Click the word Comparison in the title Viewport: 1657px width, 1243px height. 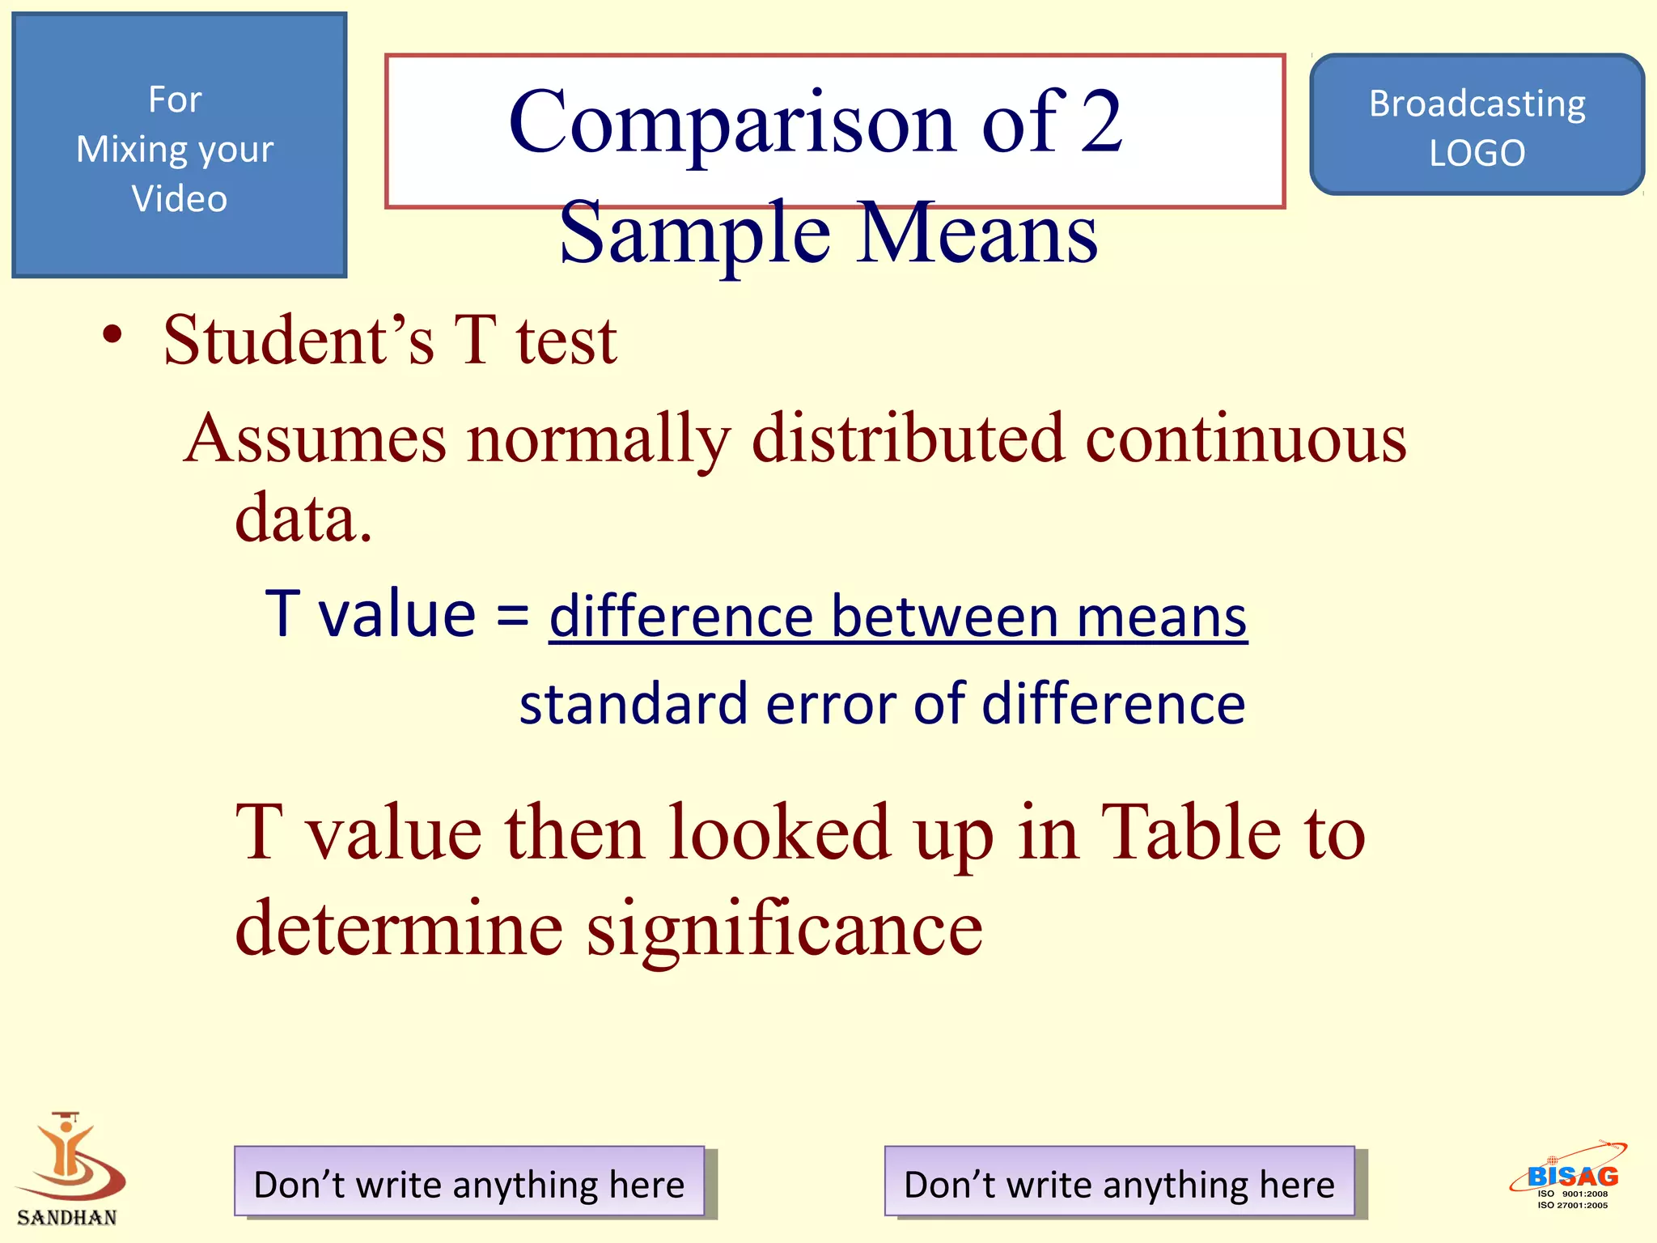732,123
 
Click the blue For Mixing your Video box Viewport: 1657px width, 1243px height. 179,146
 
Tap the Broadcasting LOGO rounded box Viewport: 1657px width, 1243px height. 1477,125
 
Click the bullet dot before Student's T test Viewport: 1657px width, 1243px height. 112,335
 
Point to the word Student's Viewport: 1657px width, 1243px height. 299,340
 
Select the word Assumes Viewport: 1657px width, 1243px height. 315,439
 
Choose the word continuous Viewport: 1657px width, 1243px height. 1245,439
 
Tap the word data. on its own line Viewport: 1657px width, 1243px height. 303,518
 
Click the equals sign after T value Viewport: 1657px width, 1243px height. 512,615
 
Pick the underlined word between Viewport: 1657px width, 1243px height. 944,617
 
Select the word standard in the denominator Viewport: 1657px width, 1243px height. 633,703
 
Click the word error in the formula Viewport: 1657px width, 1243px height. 831,703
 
